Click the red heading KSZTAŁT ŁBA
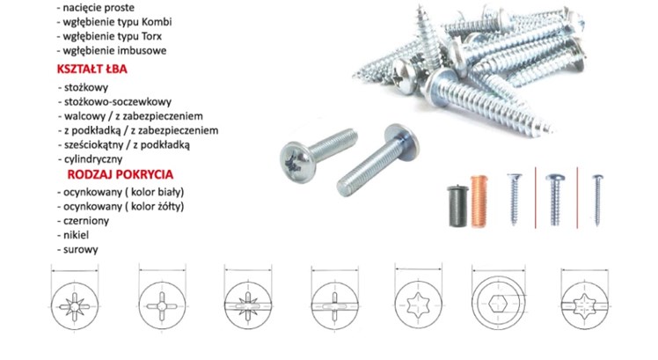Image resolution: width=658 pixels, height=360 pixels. [x=91, y=69]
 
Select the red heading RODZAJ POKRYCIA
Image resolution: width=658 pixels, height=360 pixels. [x=120, y=174]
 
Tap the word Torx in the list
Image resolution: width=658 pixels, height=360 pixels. [x=151, y=36]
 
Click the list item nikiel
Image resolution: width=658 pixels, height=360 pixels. [x=76, y=235]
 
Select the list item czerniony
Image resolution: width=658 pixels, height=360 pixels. [x=86, y=221]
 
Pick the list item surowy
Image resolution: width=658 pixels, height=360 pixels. [x=81, y=249]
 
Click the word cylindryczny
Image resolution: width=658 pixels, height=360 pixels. [x=93, y=159]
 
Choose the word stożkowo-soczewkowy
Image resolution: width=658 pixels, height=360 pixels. [x=118, y=101]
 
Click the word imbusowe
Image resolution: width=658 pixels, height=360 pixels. [x=144, y=50]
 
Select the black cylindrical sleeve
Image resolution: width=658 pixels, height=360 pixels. [x=457, y=206]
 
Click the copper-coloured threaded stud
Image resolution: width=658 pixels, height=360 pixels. [x=479, y=201]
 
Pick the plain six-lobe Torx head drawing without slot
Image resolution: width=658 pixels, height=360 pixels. [x=418, y=305]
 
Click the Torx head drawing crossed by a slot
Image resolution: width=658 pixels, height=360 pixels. [x=585, y=305]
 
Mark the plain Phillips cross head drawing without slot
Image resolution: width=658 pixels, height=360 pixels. [x=162, y=305]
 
